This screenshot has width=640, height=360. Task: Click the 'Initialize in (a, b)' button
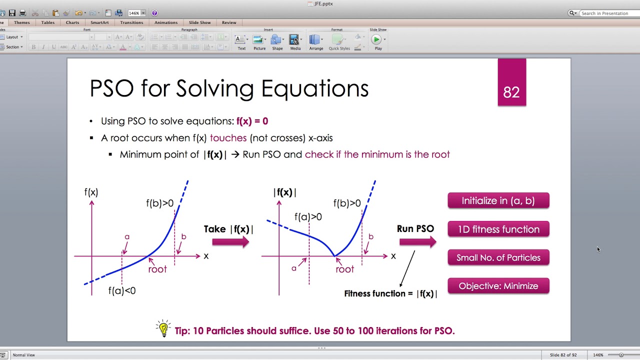point(498,200)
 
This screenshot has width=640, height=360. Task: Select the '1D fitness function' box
point(498,229)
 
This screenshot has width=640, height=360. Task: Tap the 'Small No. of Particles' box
point(498,257)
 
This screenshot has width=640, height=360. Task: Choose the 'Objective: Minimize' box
point(498,286)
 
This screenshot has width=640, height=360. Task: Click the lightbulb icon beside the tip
point(163,328)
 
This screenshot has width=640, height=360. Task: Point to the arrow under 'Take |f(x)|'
point(230,242)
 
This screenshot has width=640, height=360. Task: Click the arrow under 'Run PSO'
point(417,242)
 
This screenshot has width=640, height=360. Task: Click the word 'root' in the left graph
point(157,269)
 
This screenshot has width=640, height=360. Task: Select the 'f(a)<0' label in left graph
point(122,290)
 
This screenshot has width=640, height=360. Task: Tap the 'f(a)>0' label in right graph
point(308,217)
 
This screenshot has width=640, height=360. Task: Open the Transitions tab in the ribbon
point(131,22)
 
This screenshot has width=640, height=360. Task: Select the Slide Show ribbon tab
point(199,22)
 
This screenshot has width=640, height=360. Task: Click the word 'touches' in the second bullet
point(228,138)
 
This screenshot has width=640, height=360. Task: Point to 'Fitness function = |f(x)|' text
point(390,293)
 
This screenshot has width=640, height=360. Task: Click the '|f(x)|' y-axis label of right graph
point(285,192)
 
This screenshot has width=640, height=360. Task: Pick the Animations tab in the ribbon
point(166,22)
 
